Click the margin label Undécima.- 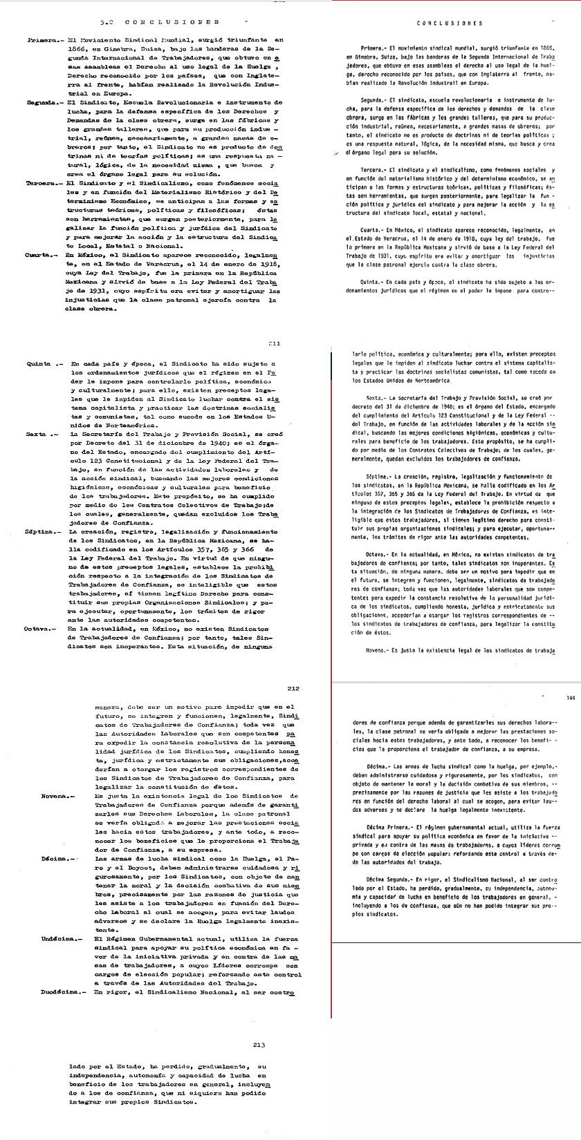(59, 940)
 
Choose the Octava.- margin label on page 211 (43, 629)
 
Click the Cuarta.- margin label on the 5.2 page (41, 254)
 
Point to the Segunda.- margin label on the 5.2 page (41, 102)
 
